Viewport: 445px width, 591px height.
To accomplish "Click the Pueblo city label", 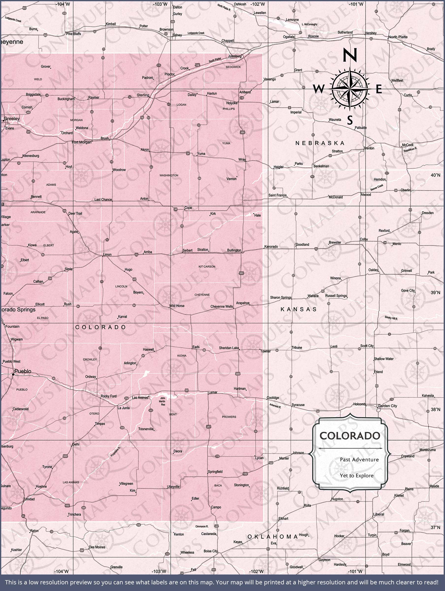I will pyautogui.click(x=23, y=371).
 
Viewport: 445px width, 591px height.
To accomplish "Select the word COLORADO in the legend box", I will pyautogui.click(x=350, y=436).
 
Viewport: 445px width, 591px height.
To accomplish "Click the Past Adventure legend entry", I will pyautogui.click(x=359, y=460).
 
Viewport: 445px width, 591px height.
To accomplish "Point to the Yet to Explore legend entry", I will pyautogui.click(x=357, y=476).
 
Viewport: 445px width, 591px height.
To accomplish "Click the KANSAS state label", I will pyautogui.click(x=299, y=309).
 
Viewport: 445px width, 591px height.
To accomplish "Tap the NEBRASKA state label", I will pyautogui.click(x=320, y=143).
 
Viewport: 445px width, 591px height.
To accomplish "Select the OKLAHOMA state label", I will pyautogui.click(x=272, y=537).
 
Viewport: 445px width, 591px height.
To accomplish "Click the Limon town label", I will pyautogui.click(x=107, y=255).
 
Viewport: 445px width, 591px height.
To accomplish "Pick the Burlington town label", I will pyautogui.click(x=234, y=250).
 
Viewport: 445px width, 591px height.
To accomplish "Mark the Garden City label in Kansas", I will pyautogui.click(x=387, y=406).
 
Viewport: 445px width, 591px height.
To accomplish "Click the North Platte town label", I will pyautogui.click(x=398, y=37).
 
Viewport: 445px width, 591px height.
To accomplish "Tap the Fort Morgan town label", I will pyautogui.click(x=81, y=142).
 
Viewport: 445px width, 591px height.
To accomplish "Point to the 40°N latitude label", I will pyautogui.click(x=435, y=175).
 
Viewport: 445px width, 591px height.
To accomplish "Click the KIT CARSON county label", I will pyautogui.click(x=207, y=267).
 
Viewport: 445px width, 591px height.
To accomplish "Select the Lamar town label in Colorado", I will pyautogui.click(x=213, y=392).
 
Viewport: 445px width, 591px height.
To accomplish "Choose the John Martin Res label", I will pyautogui.click(x=162, y=401).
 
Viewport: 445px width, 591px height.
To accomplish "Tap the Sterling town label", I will pyautogui.click(x=143, y=95).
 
